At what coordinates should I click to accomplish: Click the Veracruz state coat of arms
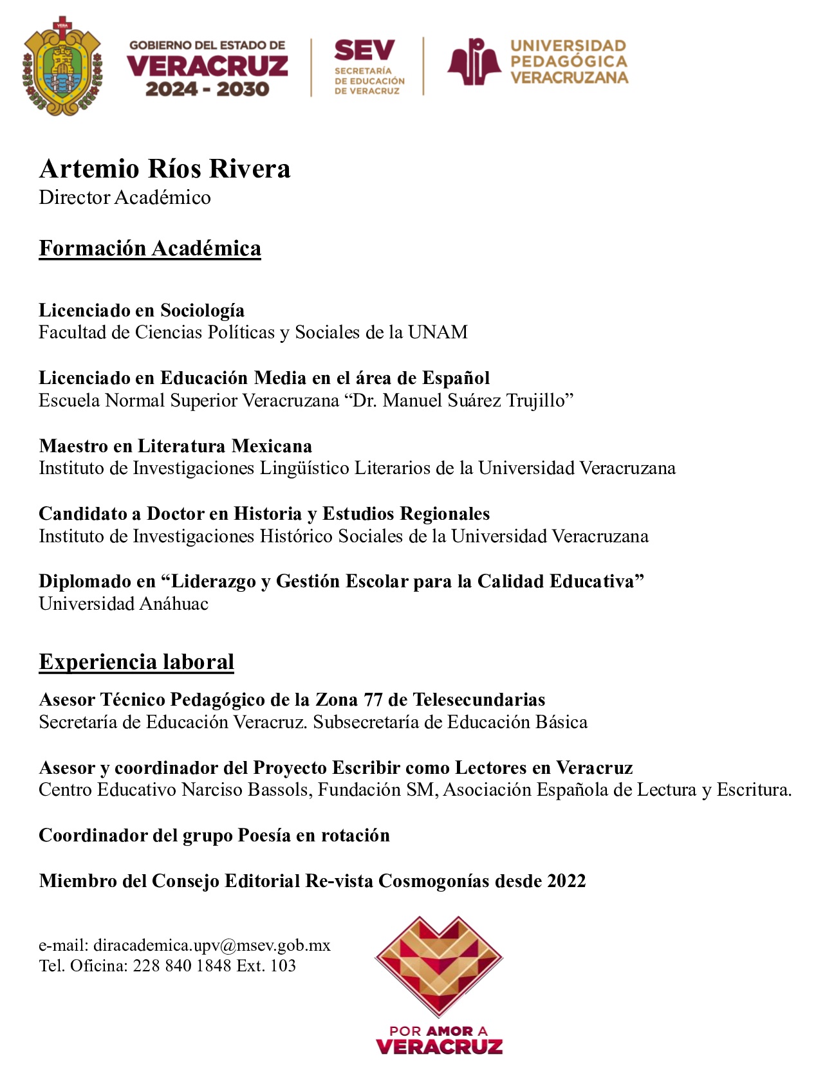[x=62, y=66]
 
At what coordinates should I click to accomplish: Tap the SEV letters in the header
[x=364, y=50]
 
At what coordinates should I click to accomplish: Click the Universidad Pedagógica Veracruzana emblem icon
[x=474, y=62]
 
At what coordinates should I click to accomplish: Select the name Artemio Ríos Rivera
[x=165, y=169]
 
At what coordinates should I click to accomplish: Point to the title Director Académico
[x=125, y=197]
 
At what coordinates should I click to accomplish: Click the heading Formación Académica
[x=150, y=248]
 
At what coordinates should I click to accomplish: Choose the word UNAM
[x=438, y=333]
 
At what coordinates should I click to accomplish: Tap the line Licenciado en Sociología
[x=142, y=310]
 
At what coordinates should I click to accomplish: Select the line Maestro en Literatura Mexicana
[x=176, y=446]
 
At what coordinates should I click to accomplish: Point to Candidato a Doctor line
[x=264, y=513]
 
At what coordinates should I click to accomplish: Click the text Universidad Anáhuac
[x=124, y=604]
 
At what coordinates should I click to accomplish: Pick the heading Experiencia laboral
[x=136, y=662]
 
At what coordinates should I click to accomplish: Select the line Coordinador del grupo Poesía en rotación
[x=214, y=836]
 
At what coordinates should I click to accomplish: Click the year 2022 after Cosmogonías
[x=566, y=881]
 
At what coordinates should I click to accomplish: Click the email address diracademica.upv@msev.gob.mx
[x=212, y=946]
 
